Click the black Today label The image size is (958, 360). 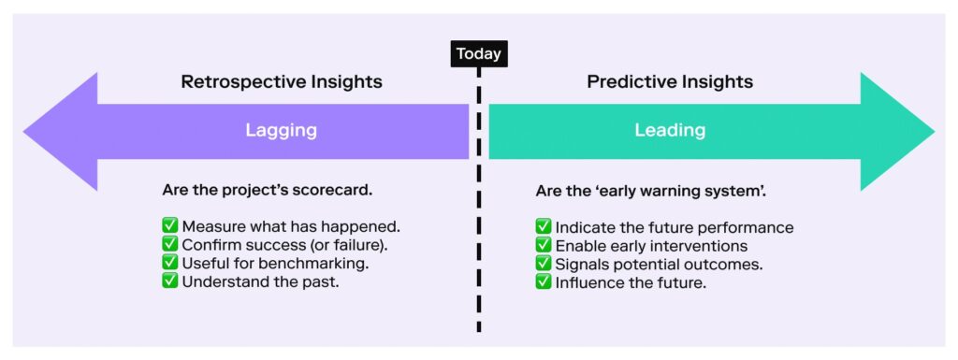[x=479, y=53]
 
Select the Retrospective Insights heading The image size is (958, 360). [x=282, y=81]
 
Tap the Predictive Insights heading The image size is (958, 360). [x=670, y=81]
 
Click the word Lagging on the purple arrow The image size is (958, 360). [x=281, y=131]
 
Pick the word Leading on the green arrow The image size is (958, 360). [x=670, y=131]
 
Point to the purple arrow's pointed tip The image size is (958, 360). [x=23, y=131]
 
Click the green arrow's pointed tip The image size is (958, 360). [x=935, y=131]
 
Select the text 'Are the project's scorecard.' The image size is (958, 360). [x=267, y=191]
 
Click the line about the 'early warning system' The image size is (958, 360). [x=651, y=191]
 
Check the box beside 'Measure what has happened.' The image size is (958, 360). [x=170, y=226]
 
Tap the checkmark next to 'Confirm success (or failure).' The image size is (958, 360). [x=170, y=245]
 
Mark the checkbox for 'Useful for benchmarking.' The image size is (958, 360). [x=170, y=263]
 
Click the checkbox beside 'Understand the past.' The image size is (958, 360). [x=170, y=281]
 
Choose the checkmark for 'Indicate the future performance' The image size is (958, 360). [x=544, y=227]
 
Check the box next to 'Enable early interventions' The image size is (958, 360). [x=544, y=245]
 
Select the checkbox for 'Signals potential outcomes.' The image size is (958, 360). [x=544, y=264]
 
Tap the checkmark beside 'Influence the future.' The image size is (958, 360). [x=544, y=282]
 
